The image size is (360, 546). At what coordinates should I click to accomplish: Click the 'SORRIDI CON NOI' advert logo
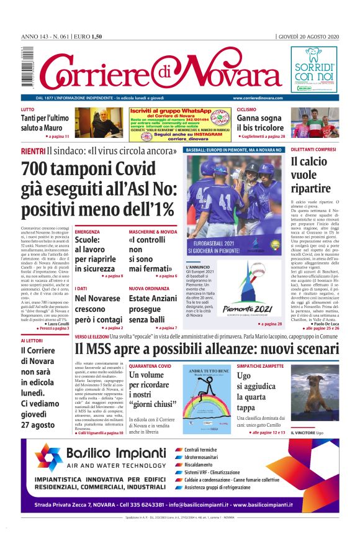(x=313, y=69)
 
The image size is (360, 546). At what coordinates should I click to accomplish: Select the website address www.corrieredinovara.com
(x=258, y=98)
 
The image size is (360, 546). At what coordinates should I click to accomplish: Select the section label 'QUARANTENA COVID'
(x=150, y=366)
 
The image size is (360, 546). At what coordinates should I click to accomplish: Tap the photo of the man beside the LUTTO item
(x=99, y=122)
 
